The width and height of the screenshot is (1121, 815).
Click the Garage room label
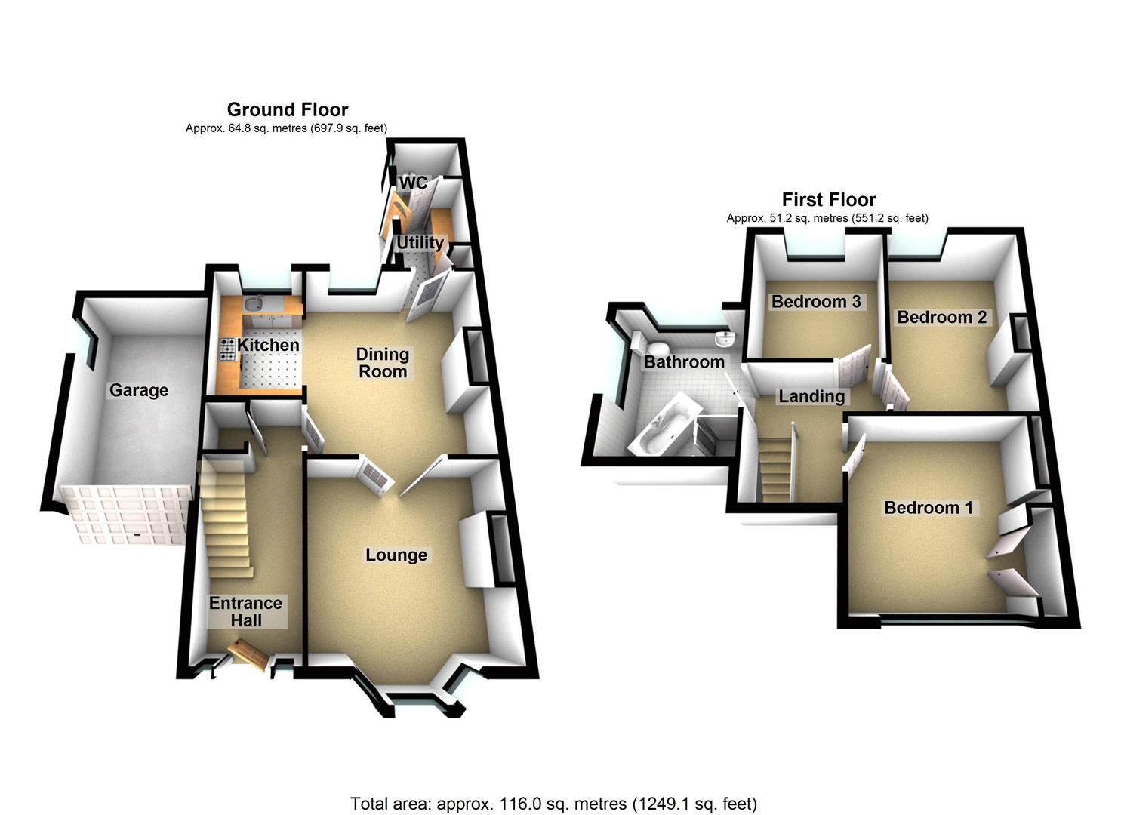click(x=139, y=391)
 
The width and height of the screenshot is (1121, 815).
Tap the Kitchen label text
click(x=268, y=345)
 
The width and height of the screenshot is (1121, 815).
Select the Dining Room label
click(x=383, y=363)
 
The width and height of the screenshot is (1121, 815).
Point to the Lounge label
click(x=396, y=555)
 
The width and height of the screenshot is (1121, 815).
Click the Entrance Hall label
click(x=246, y=612)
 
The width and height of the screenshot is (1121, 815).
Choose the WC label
click(x=414, y=183)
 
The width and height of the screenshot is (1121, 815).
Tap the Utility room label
click(x=420, y=243)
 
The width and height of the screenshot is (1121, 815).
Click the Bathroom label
click(x=684, y=362)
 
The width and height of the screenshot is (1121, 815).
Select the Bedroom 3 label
click(x=816, y=302)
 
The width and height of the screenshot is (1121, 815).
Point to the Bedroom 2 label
click(x=942, y=317)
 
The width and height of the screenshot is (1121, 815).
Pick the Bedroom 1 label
click(x=929, y=508)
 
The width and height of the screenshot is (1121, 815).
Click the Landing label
click(x=811, y=397)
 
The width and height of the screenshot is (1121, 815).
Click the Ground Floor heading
click(x=288, y=109)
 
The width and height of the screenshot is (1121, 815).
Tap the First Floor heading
click(x=829, y=200)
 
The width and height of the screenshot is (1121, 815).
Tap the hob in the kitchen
click(x=228, y=349)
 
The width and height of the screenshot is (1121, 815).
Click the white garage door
click(x=125, y=515)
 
